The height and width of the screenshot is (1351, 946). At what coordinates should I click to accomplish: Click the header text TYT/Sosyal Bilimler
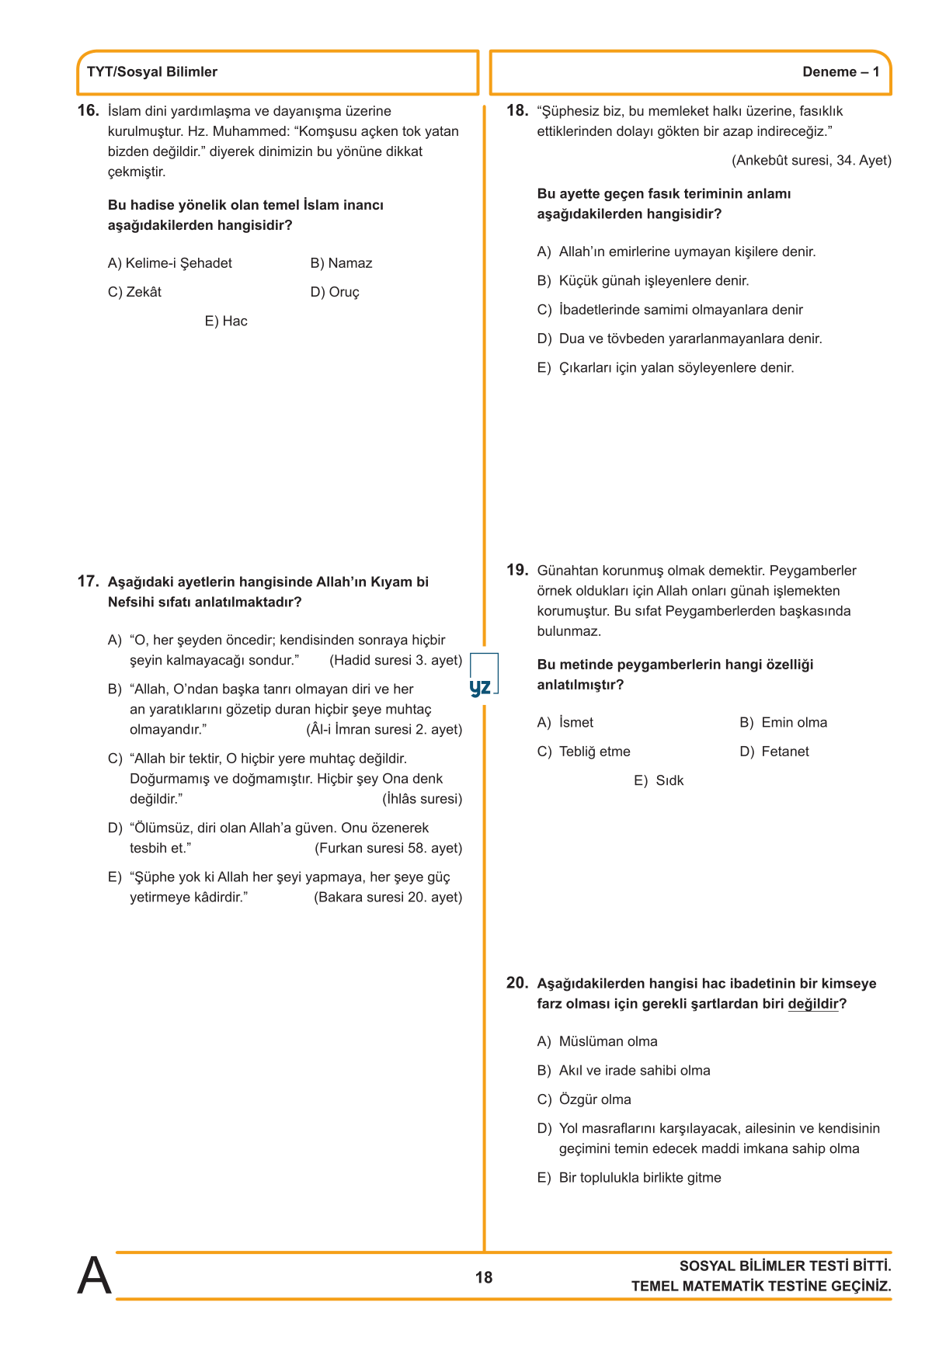(x=152, y=72)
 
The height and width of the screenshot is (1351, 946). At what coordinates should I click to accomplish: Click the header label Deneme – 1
(x=840, y=72)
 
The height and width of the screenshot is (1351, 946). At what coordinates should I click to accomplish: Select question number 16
(x=88, y=111)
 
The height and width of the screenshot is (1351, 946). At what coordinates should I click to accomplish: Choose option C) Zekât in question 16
(x=135, y=292)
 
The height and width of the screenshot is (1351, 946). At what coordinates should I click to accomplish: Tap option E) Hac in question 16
(x=226, y=321)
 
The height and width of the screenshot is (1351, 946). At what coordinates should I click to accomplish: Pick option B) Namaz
(x=341, y=263)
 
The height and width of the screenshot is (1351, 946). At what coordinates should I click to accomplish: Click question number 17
(x=88, y=582)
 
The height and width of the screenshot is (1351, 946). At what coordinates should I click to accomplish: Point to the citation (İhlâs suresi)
(x=422, y=799)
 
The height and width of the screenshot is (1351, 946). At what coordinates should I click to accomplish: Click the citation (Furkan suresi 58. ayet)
(x=388, y=848)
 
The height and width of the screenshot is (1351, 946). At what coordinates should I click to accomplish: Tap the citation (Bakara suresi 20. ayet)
(x=388, y=897)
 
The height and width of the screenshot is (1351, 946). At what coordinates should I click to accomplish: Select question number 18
(x=517, y=111)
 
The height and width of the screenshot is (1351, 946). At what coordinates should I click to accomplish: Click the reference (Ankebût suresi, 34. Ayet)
(x=811, y=161)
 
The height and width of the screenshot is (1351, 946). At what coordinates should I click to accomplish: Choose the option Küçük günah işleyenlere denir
(x=653, y=281)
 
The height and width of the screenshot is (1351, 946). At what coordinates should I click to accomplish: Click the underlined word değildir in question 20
(x=812, y=1004)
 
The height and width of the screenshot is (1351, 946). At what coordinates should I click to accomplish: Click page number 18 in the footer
(x=484, y=1278)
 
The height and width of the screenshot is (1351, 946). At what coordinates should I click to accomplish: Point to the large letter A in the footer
(x=94, y=1276)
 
